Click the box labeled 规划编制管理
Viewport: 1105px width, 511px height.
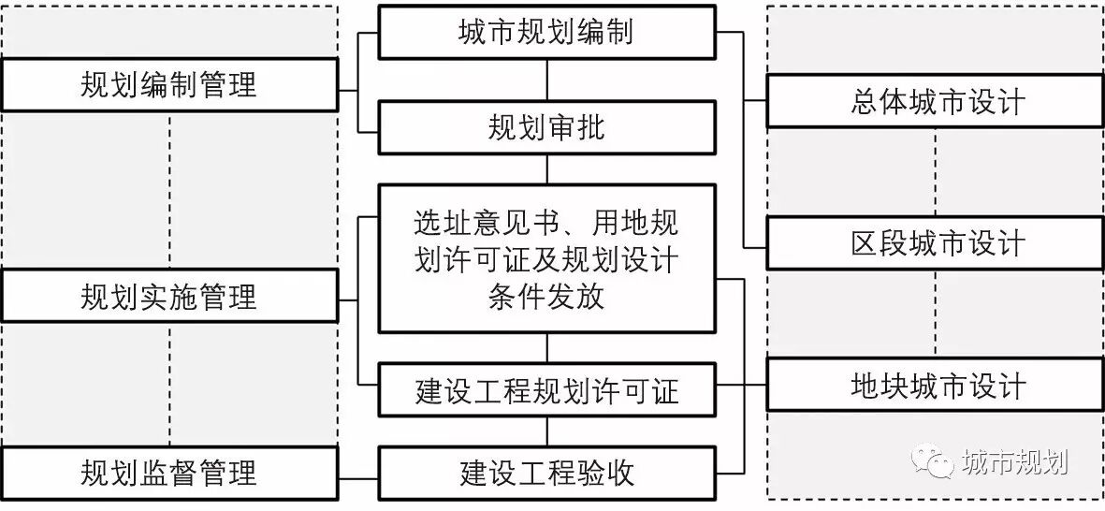click(169, 85)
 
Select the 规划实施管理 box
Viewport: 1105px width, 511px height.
click(169, 297)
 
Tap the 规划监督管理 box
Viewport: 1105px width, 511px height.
click(169, 473)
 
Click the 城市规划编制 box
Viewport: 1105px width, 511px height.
click(546, 33)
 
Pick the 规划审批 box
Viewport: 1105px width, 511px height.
click(546, 127)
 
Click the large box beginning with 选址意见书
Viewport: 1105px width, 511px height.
click(546, 259)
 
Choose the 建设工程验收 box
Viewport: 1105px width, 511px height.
click(546, 473)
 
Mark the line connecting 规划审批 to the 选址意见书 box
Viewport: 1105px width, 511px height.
click(547, 169)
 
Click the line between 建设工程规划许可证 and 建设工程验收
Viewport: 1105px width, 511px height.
click(547, 431)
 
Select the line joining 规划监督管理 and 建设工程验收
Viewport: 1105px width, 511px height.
click(358, 473)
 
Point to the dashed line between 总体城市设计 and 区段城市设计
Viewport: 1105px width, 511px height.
click(936, 172)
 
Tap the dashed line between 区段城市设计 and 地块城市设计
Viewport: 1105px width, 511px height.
click(936, 314)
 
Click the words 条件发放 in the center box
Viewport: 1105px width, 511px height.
click(546, 298)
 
